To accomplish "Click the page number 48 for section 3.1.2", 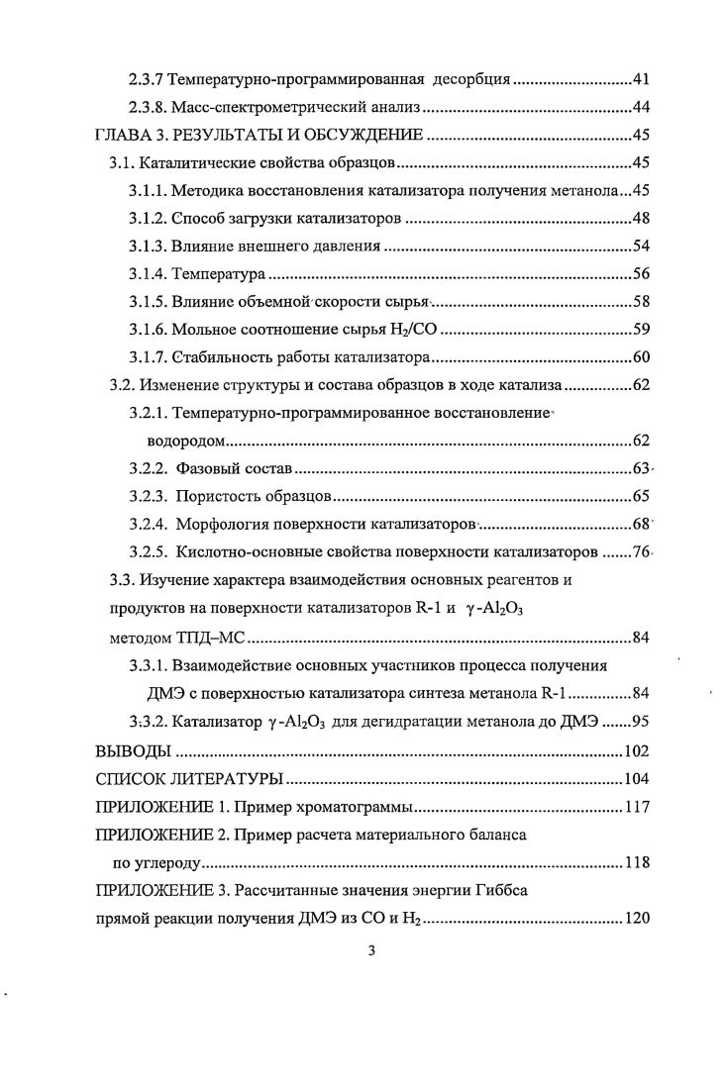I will coord(639,218).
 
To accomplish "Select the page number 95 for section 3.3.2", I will coord(639,721).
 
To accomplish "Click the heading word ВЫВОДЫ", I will coord(125,749).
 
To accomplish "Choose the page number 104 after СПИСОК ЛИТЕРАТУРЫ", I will coord(635,777).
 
